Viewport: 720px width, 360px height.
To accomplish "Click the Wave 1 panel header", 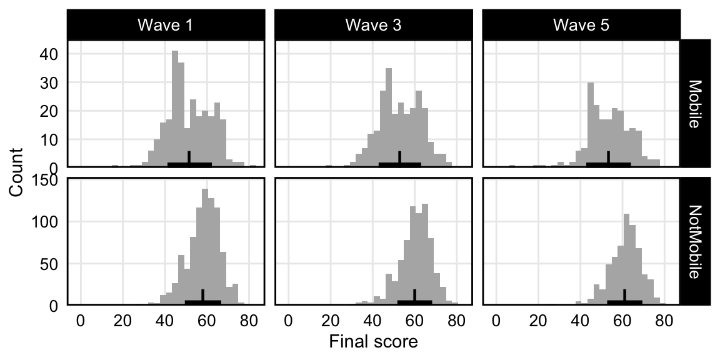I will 166,26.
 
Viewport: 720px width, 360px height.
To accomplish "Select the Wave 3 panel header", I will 374,26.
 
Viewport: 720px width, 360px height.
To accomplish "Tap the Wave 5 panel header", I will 581,26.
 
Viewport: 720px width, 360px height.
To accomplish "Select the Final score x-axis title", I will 373,342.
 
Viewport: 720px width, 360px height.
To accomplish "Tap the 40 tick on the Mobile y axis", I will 50,54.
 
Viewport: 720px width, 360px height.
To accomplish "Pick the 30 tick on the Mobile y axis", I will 50,82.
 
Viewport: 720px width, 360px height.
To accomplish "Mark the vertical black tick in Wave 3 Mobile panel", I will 399,159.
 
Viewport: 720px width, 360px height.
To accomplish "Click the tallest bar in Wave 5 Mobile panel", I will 590,125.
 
